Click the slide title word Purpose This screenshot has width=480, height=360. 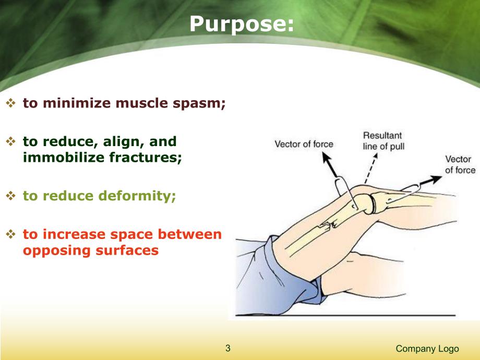(242, 23)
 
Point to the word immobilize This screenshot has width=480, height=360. (58, 157)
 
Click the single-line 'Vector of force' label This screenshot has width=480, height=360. (304, 144)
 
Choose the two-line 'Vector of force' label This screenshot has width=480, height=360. (460, 165)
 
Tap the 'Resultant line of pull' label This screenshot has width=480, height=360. (383, 141)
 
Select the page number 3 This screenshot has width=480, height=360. (227, 349)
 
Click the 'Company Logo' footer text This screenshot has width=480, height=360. (427, 349)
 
